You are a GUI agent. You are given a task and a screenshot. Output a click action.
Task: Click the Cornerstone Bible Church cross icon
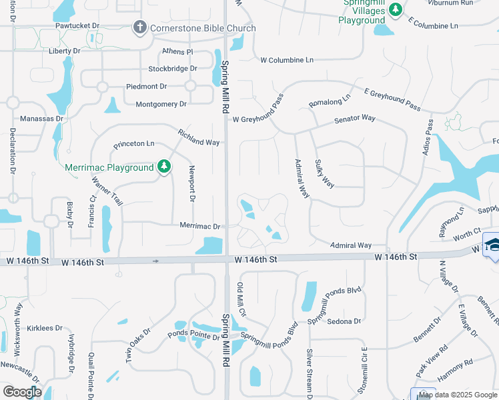[139, 27]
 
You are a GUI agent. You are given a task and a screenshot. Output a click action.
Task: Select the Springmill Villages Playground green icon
[396, 10]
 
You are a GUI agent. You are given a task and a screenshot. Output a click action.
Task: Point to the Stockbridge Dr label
[173, 69]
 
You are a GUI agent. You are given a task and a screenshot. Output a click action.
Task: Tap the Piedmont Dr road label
[146, 87]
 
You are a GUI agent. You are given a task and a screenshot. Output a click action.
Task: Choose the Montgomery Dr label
[161, 104]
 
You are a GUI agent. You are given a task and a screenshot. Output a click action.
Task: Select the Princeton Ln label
[133, 143]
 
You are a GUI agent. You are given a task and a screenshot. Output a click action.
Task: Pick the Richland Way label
[199, 138]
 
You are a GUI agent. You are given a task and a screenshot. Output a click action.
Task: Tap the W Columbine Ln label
[287, 60]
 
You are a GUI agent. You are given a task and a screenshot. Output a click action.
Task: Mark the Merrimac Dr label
[199, 226]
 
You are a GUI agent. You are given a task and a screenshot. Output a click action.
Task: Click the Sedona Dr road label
[344, 321]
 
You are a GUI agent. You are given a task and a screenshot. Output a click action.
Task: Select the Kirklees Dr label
[45, 328]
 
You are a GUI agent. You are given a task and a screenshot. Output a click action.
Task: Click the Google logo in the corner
[22, 392]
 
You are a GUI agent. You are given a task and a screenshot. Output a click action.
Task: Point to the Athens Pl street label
[177, 51]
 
